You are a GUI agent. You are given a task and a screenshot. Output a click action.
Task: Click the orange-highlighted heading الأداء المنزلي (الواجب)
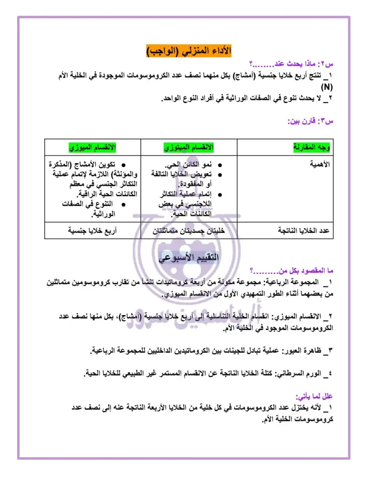(189, 52)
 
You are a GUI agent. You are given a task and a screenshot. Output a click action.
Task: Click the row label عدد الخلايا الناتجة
(304, 231)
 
